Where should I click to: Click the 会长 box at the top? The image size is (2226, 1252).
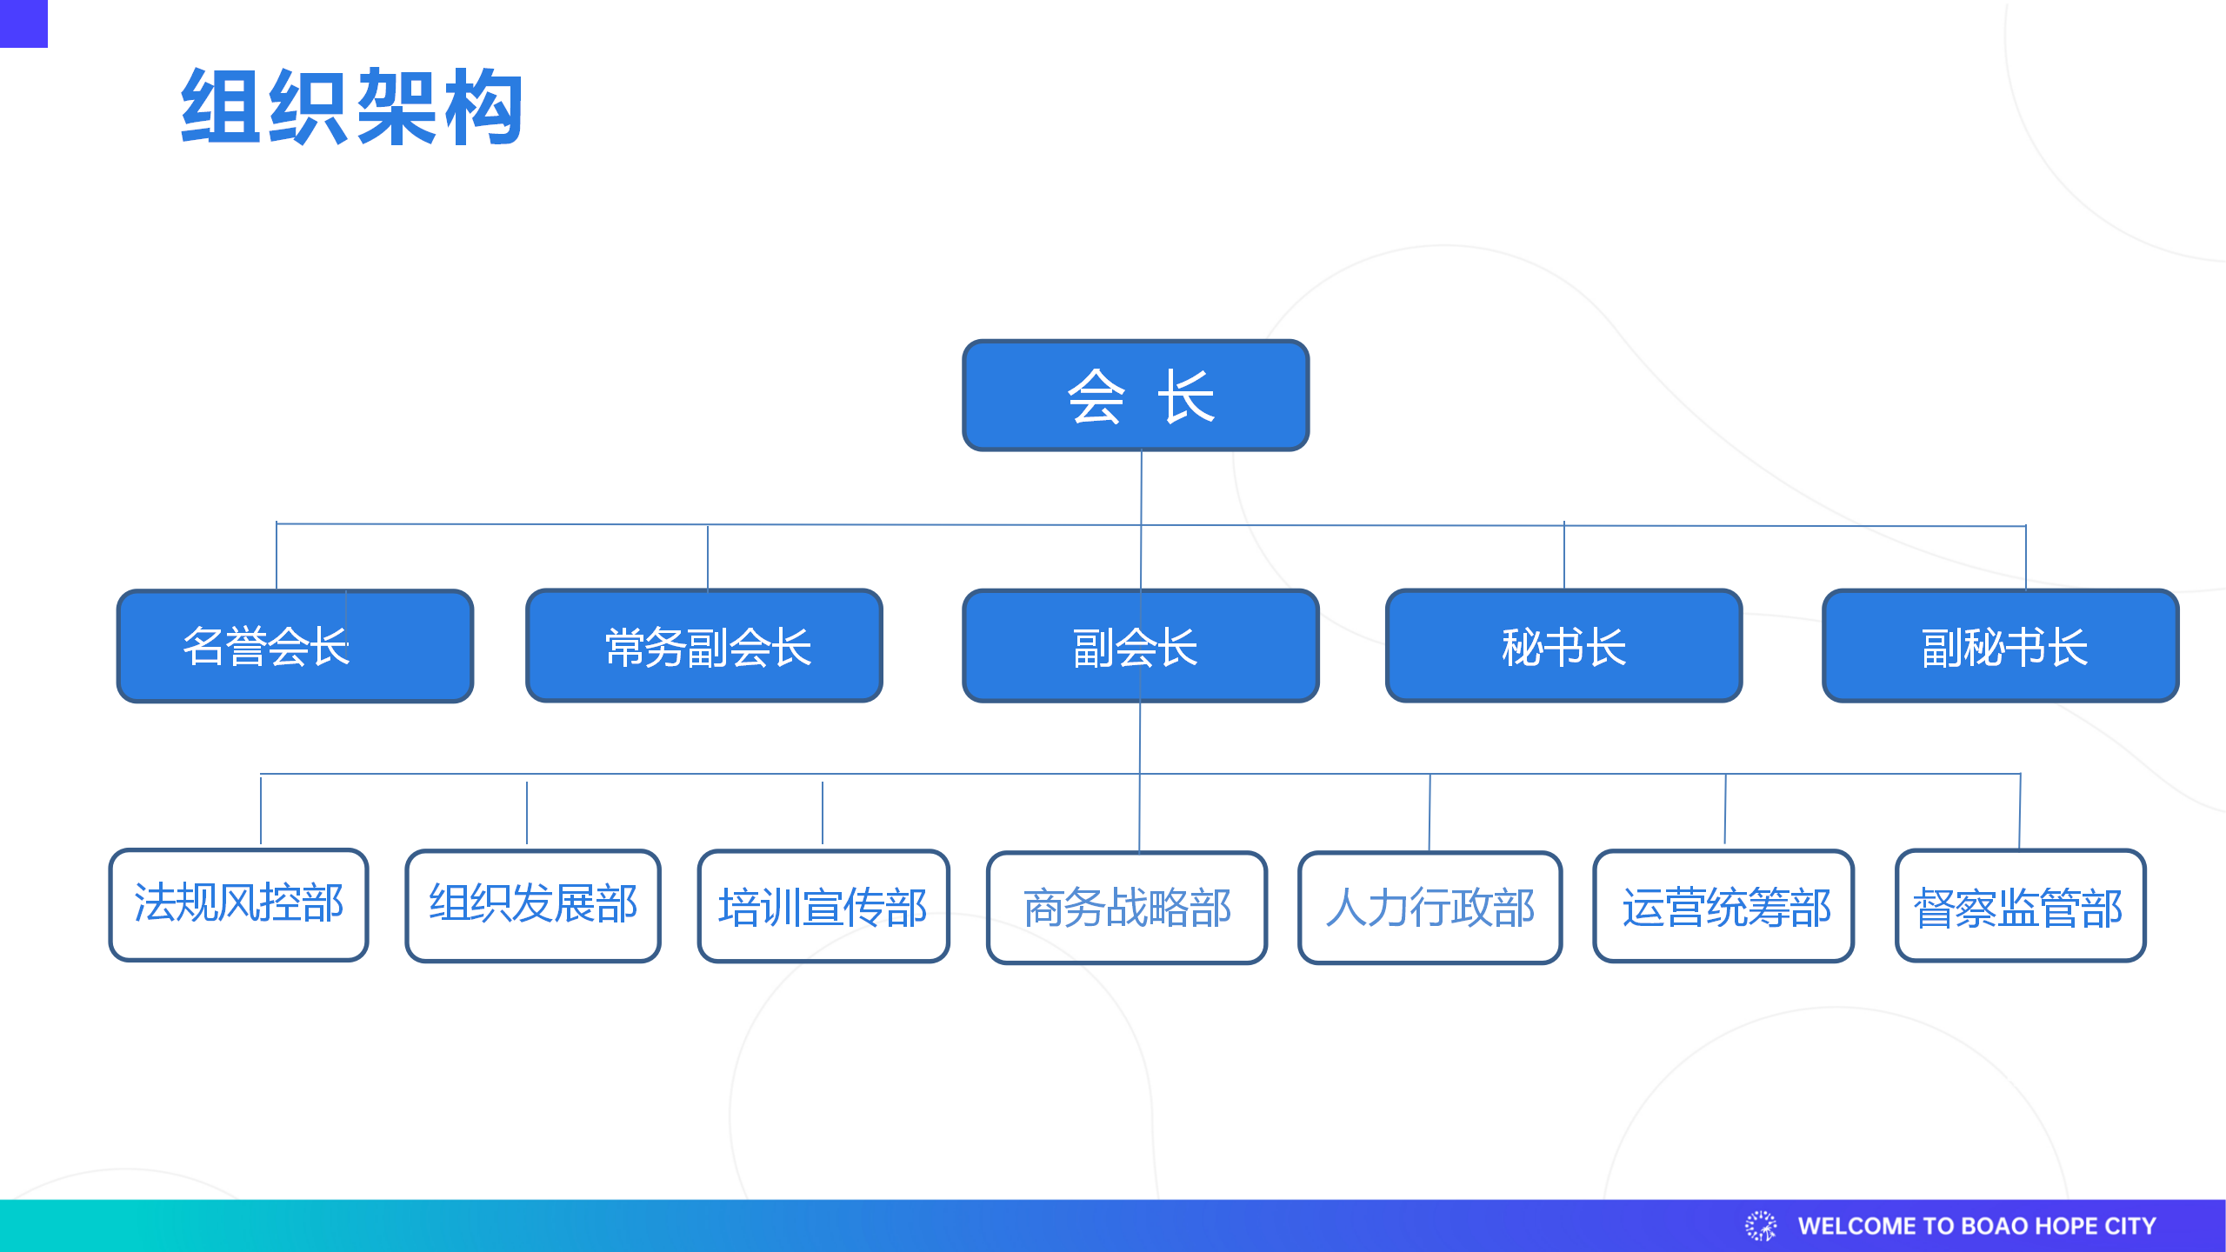[1136, 396]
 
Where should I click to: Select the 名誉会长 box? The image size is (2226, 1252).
[295, 646]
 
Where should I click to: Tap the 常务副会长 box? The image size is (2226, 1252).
[704, 646]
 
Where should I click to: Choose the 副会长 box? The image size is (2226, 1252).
[1141, 646]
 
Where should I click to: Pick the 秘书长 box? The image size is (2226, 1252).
[1563, 646]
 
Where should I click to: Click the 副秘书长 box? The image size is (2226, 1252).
[2001, 646]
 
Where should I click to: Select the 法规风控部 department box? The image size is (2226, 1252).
[238, 905]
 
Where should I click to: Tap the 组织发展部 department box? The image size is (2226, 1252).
[533, 906]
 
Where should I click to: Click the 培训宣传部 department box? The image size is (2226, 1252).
[823, 906]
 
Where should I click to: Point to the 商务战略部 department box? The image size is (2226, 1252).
[1127, 908]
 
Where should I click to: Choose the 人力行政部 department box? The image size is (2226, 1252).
[1430, 908]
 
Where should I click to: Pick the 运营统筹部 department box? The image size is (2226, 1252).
[1723, 906]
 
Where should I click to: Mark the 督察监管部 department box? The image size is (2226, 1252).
[2021, 906]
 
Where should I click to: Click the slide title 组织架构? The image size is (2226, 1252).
[352, 106]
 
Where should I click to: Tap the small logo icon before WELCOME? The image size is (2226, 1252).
[1761, 1226]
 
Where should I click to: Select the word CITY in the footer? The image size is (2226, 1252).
[2129, 1226]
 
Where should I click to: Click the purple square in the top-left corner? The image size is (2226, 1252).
[23, 23]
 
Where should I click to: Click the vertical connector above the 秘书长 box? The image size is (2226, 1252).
[1564, 556]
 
